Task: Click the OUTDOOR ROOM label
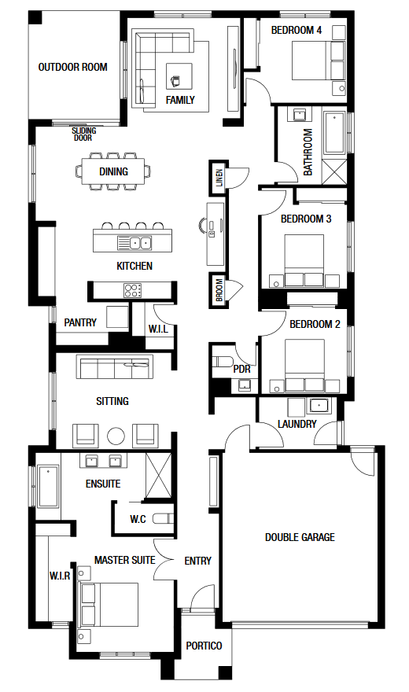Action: (73, 67)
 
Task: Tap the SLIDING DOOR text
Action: (84, 134)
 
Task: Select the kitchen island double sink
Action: (134, 243)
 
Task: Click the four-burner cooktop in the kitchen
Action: (132, 290)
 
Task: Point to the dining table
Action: (113, 171)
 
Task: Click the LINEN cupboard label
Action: (219, 178)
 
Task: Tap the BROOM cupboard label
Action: (219, 290)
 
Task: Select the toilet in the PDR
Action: (223, 363)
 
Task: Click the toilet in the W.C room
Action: (164, 518)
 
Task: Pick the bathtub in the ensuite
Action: (48, 486)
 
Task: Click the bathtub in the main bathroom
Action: (334, 133)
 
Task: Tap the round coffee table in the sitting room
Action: (116, 436)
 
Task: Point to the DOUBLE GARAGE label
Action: (300, 537)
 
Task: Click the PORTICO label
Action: (204, 646)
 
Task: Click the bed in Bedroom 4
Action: (318, 61)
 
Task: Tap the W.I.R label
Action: (60, 576)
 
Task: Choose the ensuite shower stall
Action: (158, 475)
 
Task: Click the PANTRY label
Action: (80, 322)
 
